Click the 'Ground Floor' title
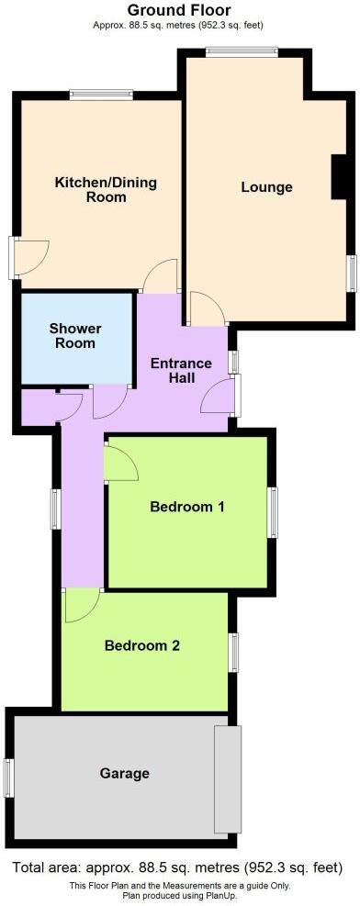pos(180,10)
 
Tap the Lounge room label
pos(266,187)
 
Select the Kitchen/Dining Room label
pos(106,189)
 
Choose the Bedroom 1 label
pos(187,507)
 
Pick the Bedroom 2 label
pos(141,645)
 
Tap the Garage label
pos(124,774)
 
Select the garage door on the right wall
pos(226,777)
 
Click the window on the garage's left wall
pos(8,777)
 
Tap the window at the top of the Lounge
pos(242,51)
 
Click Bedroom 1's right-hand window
pos(273,511)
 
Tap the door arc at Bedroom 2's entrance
pos(81,604)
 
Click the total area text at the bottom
pos(180,867)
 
